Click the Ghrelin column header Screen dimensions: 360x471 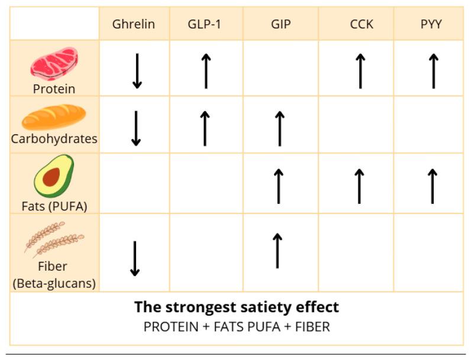[134, 24]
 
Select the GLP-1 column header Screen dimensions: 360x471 [204, 24]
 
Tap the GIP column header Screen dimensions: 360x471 [280, 24]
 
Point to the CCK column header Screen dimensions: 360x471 [362, 24]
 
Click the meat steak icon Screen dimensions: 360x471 [54, 63]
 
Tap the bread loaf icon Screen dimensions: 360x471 [54, 117]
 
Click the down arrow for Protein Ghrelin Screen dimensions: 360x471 [137, 71]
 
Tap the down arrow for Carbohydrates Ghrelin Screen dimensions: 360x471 [136, 128]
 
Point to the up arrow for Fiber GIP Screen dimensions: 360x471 [276, 250]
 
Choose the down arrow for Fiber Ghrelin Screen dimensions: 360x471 [135, 258]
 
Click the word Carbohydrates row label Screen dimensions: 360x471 [54, 140]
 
